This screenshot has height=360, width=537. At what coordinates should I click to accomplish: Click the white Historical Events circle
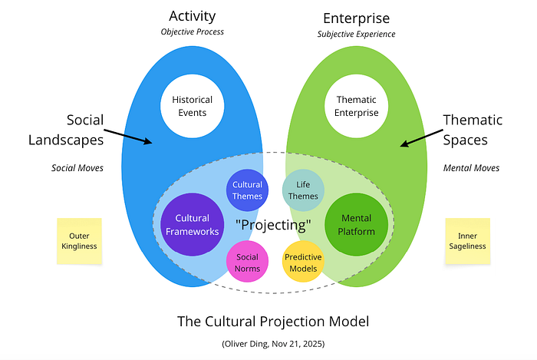point(192,106)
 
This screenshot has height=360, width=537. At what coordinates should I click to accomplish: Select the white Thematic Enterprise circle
point(357,106)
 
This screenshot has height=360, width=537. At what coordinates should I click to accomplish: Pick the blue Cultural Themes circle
point(247,190)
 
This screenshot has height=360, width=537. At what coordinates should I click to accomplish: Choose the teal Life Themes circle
point(301,190)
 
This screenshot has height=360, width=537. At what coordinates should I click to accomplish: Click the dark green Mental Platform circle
point(356,224)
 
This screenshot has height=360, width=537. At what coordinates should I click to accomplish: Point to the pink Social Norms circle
point(247,263)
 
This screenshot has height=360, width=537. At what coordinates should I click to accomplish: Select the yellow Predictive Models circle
point(303,263)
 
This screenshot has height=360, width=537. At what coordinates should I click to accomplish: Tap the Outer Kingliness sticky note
point(80,241)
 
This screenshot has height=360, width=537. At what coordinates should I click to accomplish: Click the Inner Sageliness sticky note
point(467,241)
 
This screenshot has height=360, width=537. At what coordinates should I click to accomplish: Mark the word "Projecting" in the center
point(274,226)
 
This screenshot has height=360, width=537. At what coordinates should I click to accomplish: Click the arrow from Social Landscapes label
point(128,136)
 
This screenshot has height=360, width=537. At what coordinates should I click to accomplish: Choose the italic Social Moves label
point(78,168)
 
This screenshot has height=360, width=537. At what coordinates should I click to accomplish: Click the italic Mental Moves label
point(471,168)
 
